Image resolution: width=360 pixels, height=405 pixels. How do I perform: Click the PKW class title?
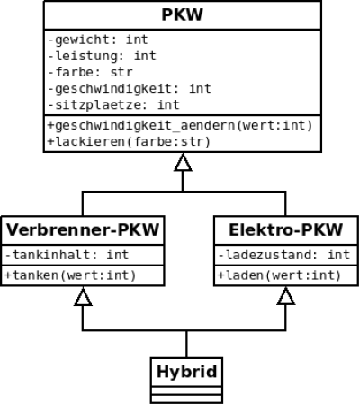(183, 14)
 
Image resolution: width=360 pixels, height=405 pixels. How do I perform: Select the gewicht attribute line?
(98, 40)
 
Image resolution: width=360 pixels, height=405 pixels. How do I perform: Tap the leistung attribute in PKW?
(102, 56)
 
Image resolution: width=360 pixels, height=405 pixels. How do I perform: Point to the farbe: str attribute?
(90, 72)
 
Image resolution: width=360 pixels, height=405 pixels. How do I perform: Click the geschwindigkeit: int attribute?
(130, 89)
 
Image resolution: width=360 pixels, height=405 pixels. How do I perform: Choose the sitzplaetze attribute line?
(114, 105)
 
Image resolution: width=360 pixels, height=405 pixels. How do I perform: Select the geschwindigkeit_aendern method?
(180, 125)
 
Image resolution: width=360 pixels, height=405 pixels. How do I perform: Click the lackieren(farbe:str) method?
(129, 141)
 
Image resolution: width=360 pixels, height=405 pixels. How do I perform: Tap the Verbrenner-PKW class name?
(83, 230)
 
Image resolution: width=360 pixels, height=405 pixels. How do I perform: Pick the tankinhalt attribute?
(67, 255)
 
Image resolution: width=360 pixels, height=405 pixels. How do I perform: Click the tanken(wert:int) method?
(70, 275)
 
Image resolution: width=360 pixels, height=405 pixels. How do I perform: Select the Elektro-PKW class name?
(285, 230)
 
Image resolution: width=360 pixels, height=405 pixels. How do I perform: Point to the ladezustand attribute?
(283, 255)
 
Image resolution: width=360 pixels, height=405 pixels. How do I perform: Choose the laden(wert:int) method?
(280, 275)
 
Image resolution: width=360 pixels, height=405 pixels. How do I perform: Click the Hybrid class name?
(186, 372)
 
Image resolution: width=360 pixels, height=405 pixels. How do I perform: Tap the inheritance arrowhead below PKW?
(183, 163)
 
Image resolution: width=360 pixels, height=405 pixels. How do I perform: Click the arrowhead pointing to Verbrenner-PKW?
(83, 296)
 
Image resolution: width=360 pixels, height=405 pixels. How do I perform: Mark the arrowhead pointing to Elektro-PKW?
(286, 296)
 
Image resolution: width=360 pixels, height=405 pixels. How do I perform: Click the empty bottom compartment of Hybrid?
(186, 399)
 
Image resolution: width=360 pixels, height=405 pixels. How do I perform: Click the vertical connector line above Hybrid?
(186, 344)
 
